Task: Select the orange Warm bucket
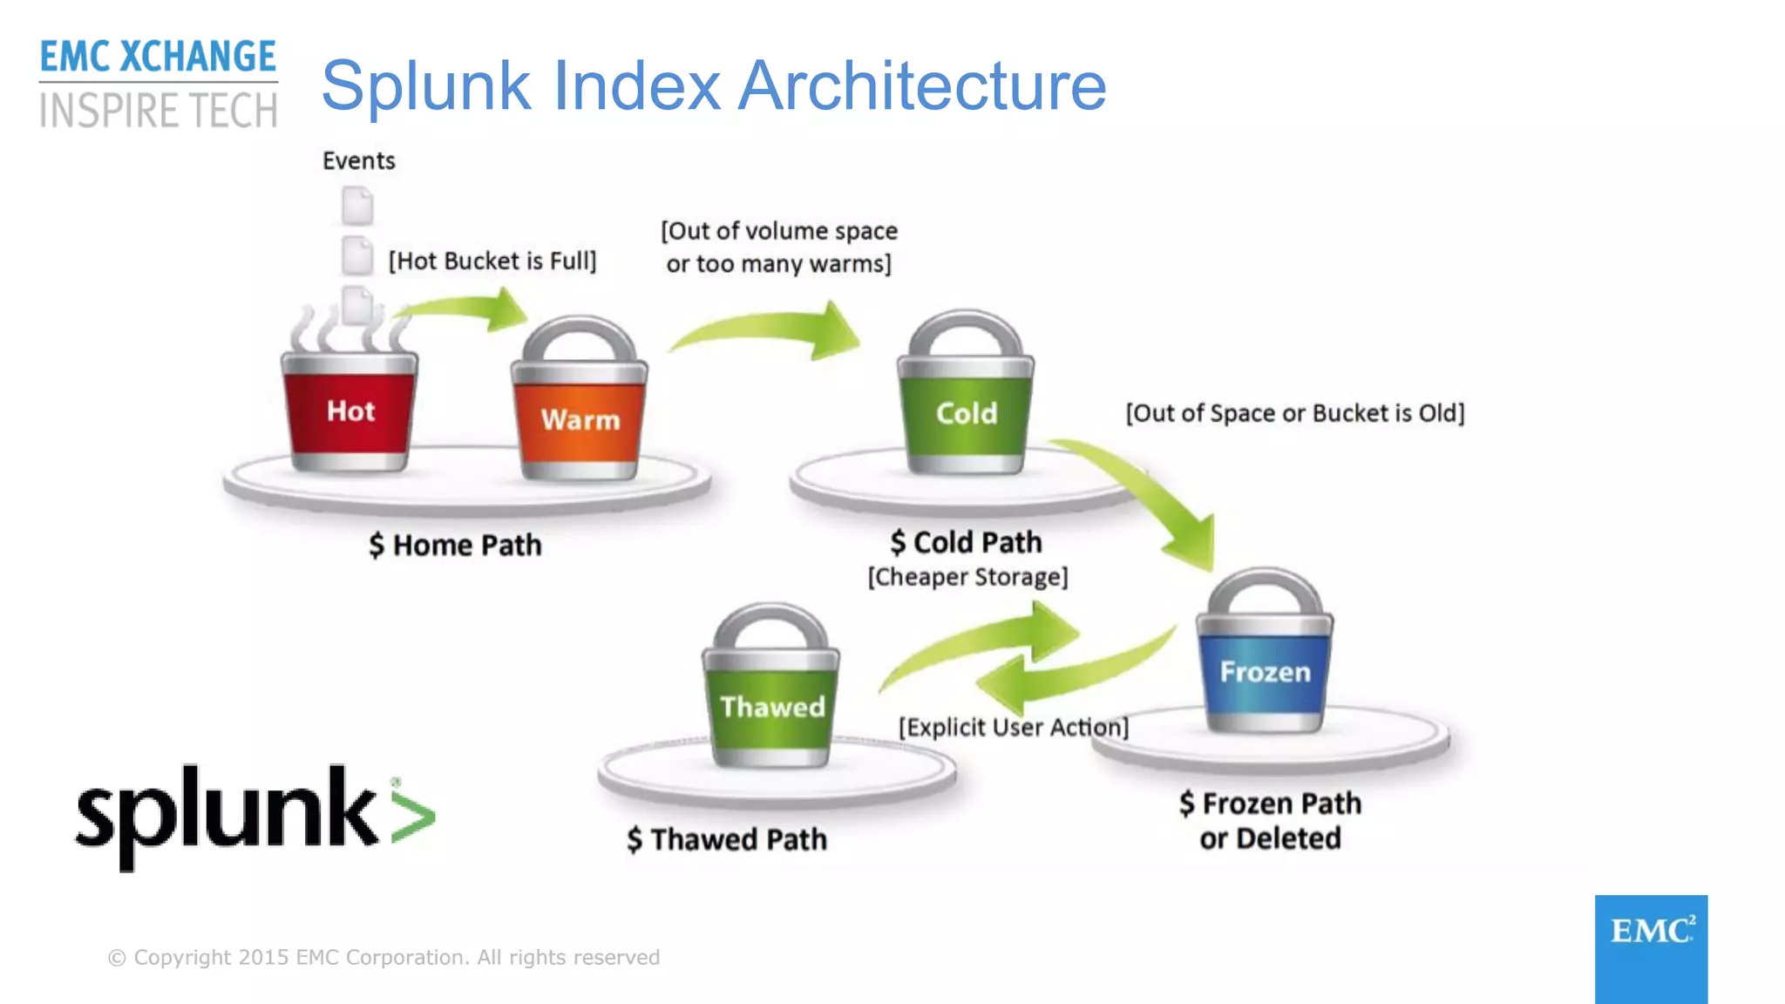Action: [x=580, y=419]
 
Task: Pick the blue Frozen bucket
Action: [x=1265, y=671]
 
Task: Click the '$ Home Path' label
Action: [x=455, y=546]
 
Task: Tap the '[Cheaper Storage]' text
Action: [x=967, y=577]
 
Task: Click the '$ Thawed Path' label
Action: [x=727, y=839]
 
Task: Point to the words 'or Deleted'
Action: [x=1270, y=838]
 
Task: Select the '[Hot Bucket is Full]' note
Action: [x=492, y=261]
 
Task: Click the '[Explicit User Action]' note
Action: [x=1013, y=727]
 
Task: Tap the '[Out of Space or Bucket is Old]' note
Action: [x=1295, y=413]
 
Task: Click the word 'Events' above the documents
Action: [x=358, y=161]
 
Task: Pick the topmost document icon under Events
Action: [x=357, y=206]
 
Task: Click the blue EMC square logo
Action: [x=1651, y=948]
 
